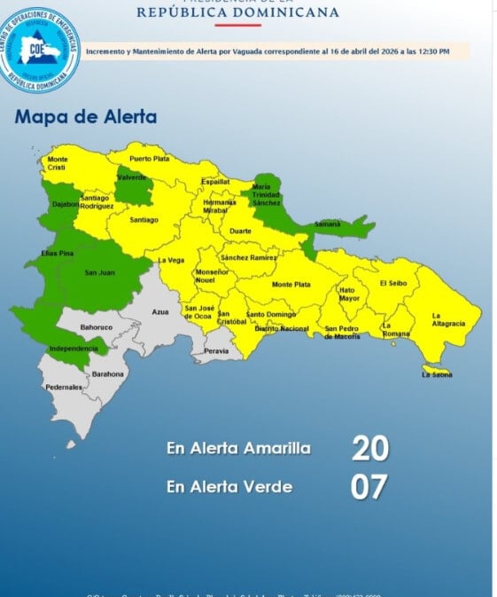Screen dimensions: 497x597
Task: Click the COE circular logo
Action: (x=41, y=50)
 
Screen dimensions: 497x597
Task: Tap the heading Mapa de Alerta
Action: (x=86, y=117)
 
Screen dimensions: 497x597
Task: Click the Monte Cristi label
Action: (x=58, y=163)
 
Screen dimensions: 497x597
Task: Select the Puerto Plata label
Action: (x=149, y=158)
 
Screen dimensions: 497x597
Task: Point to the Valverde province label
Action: (x=132, y=177)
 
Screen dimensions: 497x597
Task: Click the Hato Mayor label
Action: (x=350, y=294)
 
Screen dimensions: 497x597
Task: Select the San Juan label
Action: (x=98, y=271)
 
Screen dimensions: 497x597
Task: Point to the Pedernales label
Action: (x=64, y=388)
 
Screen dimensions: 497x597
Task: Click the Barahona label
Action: (x=108, y=373)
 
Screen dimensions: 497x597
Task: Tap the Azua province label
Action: (x=160, y=312)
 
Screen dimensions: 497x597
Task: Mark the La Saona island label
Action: (x=437, y=374)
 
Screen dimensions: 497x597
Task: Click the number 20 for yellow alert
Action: (x=369, y=449)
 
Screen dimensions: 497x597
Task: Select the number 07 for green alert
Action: (x=369, y=487)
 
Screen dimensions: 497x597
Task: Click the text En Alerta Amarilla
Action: (x=238, y=449)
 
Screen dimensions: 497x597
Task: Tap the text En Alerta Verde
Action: (x=229, y=486)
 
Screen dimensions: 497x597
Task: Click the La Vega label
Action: (x=171, y=260)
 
